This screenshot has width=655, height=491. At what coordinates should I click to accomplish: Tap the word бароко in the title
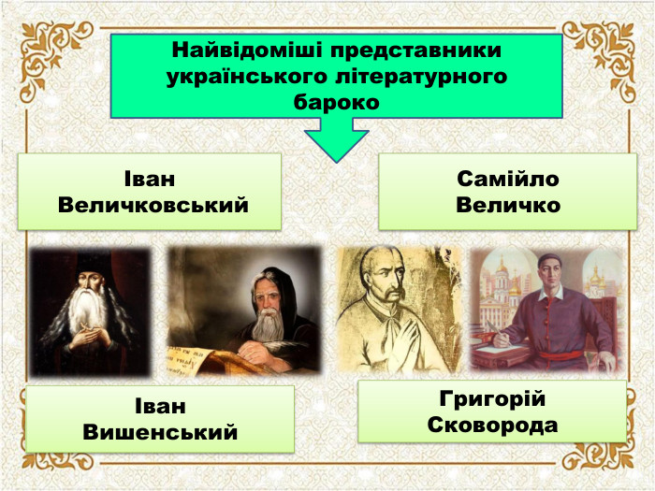click(x=337, y=102)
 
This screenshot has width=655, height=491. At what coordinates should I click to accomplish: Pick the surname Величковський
click(x=153, y=204)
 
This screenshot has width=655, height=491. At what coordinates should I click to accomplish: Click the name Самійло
click(x=508, y=179)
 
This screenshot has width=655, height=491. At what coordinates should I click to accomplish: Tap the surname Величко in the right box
click(x=508, y=204)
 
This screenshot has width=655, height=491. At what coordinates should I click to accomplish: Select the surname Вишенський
click(x=160, y=432)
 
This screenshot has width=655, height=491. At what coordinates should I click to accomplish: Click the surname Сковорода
click(x=492, y=425)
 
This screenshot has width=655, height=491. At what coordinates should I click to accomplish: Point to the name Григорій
click(x=492, y=399)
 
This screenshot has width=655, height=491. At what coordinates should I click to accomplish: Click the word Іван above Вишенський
click(x=160, y=407)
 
